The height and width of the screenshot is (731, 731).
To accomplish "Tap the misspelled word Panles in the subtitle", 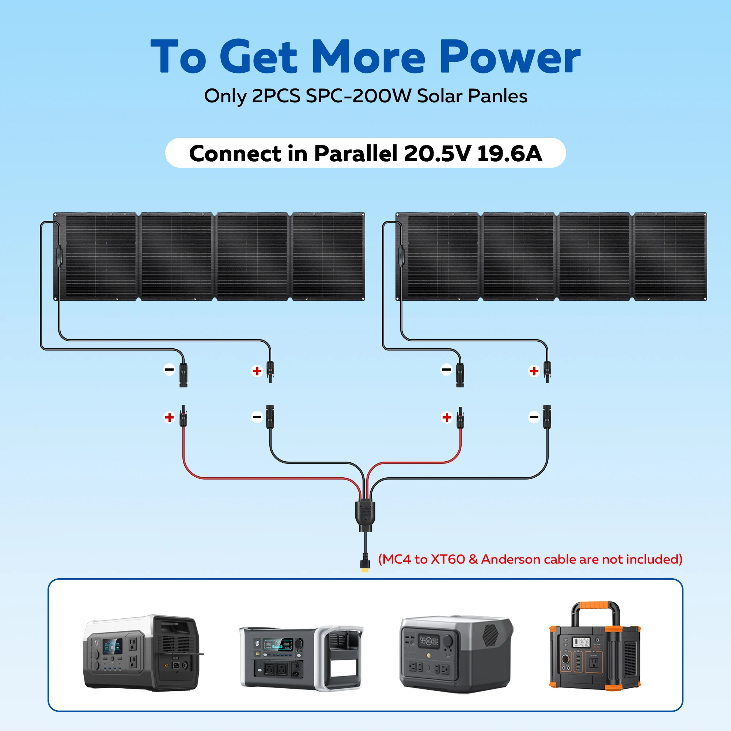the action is [x=497, y=96].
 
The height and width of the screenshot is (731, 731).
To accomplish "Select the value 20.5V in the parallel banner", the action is [x=437, y=154].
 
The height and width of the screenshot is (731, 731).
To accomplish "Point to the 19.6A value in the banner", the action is [x=509, y=154].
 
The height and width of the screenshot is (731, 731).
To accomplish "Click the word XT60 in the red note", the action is [x=448, y=559].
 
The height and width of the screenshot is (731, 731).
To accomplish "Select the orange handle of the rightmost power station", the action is [x=595, y=606].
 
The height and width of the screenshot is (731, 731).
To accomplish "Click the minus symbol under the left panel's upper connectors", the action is [x=169, y=369].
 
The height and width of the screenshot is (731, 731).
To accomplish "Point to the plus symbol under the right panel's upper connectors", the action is [x=534, y=371].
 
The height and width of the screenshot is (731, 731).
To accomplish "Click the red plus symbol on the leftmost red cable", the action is [x=169, y=417].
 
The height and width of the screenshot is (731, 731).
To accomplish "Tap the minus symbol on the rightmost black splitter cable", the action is [x=534, y=417].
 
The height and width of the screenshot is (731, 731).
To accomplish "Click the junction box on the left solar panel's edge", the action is [x=58, y=256].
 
